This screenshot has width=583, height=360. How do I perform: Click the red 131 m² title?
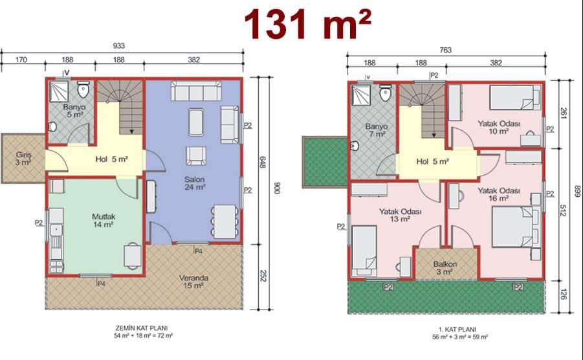(x=307, y=24)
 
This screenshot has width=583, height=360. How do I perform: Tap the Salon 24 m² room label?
(x=195, y=183)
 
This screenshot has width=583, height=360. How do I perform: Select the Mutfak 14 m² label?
(x=104, y=220)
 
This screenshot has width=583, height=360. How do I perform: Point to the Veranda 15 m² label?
(x=193, y=282)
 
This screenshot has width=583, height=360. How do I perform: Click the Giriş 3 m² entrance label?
(x=23, y=159)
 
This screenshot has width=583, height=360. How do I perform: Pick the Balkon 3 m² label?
(x=445, y=268)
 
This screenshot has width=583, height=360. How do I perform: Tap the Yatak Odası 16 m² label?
(x=499, y=194)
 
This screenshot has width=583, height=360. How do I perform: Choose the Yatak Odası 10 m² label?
(x=499, y=127)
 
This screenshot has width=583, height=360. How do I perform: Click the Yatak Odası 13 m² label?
(x=400, y=215)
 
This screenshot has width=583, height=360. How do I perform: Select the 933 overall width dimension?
(x=118, y=46)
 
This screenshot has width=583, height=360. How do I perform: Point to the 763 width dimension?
(x=445, y=50)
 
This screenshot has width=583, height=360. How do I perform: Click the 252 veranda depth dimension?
(x=263, y=276)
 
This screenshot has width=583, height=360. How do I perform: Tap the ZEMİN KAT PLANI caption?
(x=142, y=328)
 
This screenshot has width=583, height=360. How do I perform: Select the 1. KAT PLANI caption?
(x=457, y=329)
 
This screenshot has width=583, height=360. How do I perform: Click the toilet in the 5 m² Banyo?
(x=83, y=89)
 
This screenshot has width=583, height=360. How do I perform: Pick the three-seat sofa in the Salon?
(x=196, y=91)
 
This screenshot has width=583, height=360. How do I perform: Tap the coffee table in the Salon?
(x=196, y=122)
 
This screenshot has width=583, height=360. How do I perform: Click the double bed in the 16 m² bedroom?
(x=515, y=227)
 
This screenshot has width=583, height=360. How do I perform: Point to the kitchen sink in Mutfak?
(x=56, y=229)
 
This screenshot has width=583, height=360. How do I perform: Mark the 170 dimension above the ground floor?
(x=21, y=60)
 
